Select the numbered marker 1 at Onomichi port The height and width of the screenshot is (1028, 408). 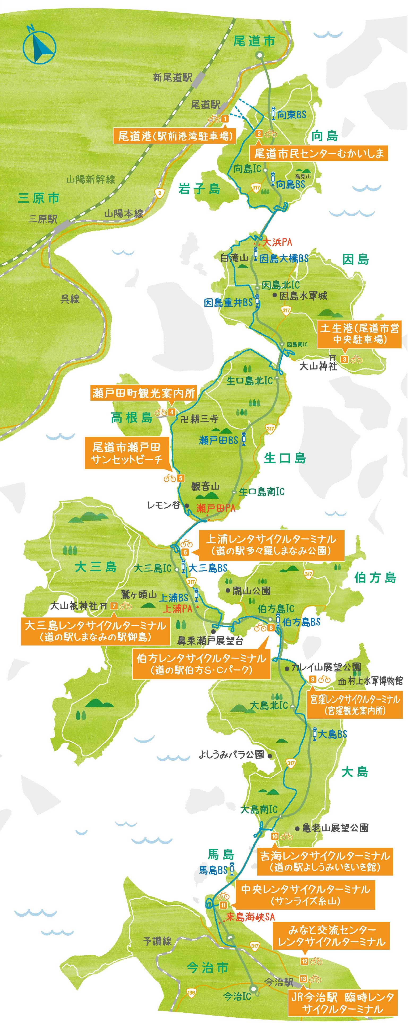(225, 119)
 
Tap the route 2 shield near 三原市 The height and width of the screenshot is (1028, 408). (160, 193)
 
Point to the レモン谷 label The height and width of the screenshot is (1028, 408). (164, 505)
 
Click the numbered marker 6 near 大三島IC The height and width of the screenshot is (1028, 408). (185, 552)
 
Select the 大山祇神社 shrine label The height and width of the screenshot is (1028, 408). (74, 606)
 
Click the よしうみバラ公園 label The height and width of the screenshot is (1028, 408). (232, 755)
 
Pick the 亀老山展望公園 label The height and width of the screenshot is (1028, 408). (335, 828)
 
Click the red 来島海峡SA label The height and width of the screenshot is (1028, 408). (250, 917)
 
